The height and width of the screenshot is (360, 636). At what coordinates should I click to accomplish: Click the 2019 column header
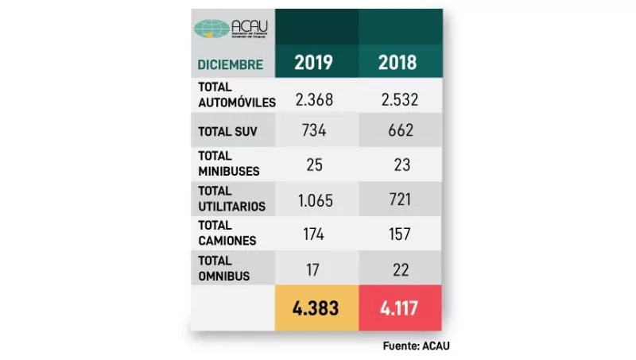click(313, 62)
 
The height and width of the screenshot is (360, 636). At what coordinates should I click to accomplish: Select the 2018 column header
click(397, 62)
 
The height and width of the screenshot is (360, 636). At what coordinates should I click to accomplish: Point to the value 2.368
click(313, 99)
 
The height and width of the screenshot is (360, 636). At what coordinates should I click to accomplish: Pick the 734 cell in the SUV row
click(313, 130)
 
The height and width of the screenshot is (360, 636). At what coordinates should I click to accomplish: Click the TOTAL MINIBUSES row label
click(228, 163)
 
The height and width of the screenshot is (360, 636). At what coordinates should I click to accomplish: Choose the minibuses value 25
click(313, 165)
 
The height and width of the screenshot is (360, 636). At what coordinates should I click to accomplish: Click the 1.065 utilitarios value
click(313, 199)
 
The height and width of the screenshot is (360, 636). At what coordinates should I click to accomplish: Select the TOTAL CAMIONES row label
click(226, 232)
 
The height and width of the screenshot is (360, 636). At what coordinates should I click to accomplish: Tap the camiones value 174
click(313, 234)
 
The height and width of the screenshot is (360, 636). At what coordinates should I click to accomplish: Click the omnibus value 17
click(313, 269)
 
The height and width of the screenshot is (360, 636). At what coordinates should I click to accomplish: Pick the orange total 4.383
click(313, 308)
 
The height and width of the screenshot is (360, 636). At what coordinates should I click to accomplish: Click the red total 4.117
click(397, 308)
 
